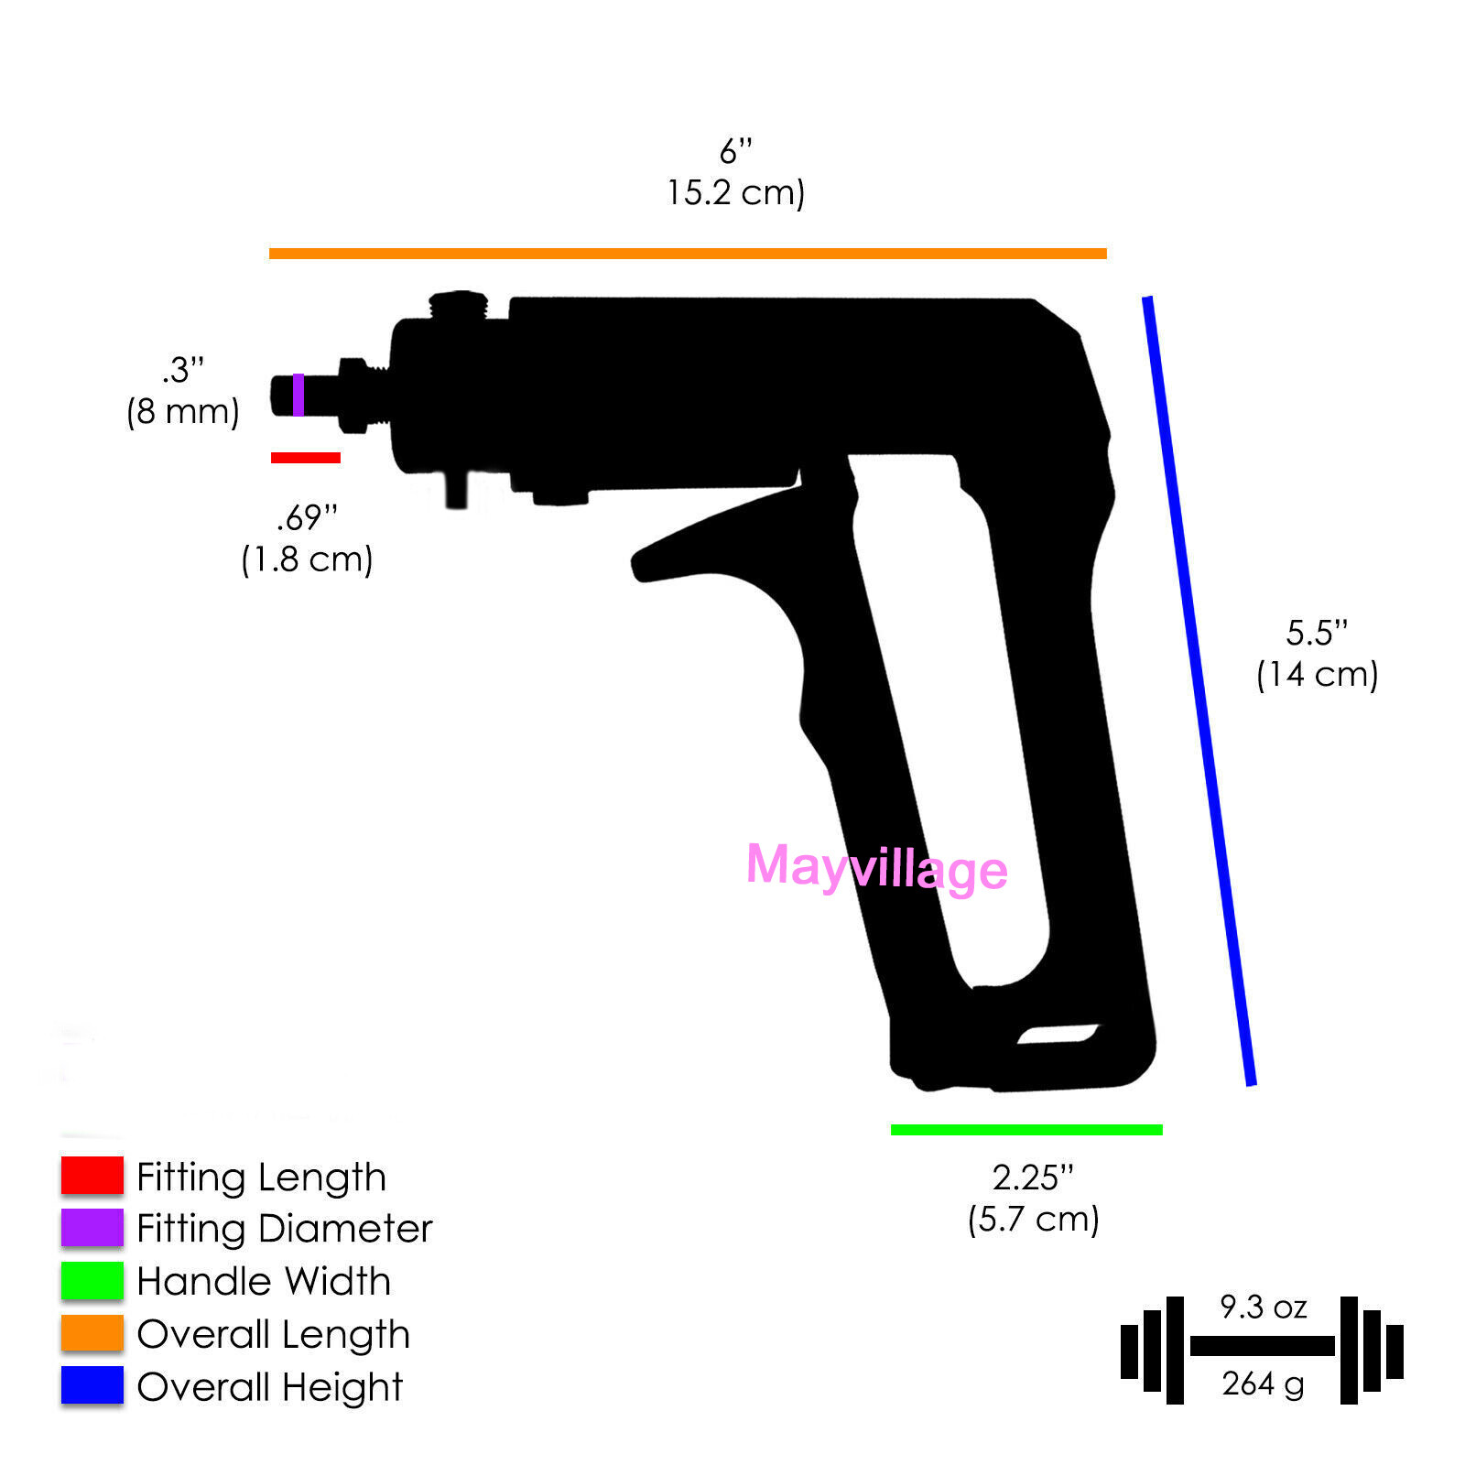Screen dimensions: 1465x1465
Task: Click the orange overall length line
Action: [x=687, y=254]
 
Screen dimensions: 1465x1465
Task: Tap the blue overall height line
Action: [x=1198, y=691]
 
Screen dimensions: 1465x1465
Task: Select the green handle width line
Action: [x=1026, y=1130]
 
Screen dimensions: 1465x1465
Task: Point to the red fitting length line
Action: [x=306, y=458]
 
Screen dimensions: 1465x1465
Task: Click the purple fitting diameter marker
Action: [x=298, y=395]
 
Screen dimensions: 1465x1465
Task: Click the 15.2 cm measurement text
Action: [x=735, y=193]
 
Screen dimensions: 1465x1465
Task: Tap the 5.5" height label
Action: [x=1317, y=633]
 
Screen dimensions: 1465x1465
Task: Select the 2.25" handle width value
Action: [x=1033, y=1177]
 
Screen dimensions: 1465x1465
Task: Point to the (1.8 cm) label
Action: [x=307, y=559]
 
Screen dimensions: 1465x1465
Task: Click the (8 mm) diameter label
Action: [x=183, y=412]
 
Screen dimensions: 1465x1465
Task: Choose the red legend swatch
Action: [x=92, y=1176]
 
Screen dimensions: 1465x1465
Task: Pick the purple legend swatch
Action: [x=92, y=1228]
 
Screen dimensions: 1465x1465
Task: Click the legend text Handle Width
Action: [x=264, y=1281]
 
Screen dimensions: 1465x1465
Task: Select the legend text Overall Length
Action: [x=273, y=1334]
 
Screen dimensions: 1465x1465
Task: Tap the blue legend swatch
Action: [x=92, y=1385]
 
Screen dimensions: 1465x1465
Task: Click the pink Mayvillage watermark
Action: [x=876, y=867]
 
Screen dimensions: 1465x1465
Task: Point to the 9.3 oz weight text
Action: [x=1263, y=1307]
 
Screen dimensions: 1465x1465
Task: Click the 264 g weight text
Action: [x=1263, y=1384]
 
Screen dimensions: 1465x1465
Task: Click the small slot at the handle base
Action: [x=1058, y=1035]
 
